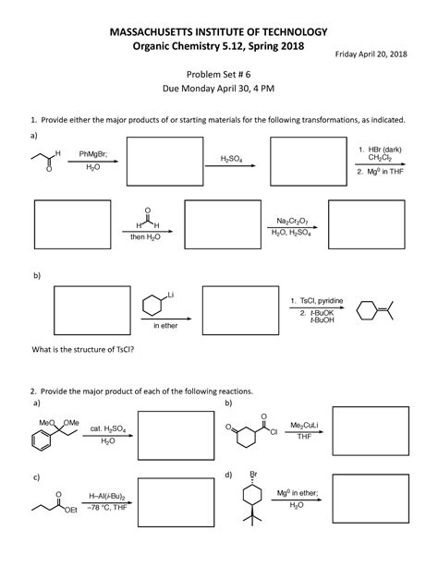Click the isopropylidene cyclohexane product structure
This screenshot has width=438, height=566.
click(378, 308)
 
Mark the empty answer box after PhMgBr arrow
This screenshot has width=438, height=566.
click(164, 161)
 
